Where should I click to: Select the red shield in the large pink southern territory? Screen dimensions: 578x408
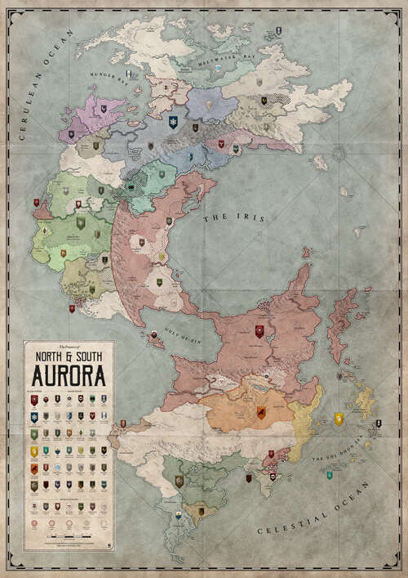[x=259, y=331]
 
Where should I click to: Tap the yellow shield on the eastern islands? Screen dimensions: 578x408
[x=339, y=419]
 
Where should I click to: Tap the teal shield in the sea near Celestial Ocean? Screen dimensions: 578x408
[x=330, y=475]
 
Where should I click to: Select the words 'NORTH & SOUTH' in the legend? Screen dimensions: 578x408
[x=69, y=356]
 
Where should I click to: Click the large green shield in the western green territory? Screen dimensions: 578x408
[x=81, y=222]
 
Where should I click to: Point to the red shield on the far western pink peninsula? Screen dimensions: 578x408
[x=37, y=202]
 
